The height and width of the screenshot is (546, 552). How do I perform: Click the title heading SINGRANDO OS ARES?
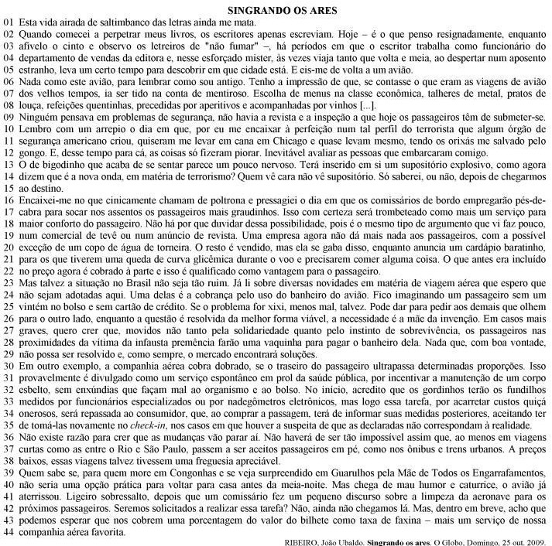pyautogui.click(x=276, y=11)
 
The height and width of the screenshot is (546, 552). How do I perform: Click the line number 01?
pyautogui.click(x=9, y=24)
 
